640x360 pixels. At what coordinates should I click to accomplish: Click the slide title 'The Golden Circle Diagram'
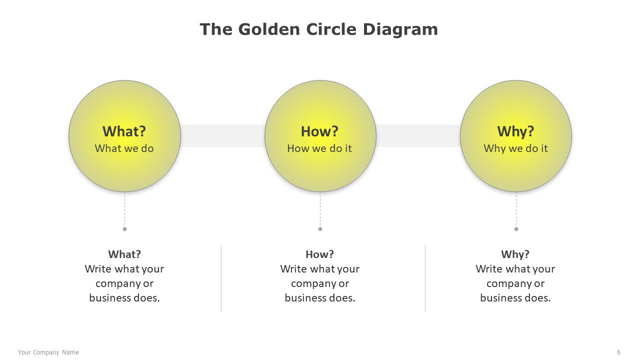pos(318,29)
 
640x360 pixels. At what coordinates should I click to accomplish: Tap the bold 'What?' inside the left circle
pos(124,131)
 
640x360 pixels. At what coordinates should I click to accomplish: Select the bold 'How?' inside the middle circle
pos(319,131)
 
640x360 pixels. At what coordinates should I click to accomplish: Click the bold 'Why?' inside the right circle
pos(515,131)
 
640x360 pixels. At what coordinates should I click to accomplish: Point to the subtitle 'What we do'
pos(124,148)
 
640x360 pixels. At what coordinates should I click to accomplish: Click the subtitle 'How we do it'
pos(319,148)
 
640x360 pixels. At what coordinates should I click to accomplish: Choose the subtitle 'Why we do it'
pos(515,148)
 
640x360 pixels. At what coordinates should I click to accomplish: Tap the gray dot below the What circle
pos(124,229)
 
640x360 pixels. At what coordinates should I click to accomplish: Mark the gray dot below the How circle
pos(320,229)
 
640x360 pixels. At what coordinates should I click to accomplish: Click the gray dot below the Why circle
pos(516,229)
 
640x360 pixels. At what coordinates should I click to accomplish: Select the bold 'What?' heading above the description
pos(124,254)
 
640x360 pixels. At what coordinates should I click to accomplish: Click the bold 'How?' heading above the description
pos(319,254)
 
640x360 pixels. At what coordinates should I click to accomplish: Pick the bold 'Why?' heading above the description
pos(515,254)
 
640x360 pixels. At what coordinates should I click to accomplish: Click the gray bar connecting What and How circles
pos(222,135)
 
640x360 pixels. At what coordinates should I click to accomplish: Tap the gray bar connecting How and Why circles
pos(418,135)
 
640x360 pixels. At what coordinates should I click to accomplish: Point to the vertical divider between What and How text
pos(221,278)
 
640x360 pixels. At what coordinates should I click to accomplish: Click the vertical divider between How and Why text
pos(425,278)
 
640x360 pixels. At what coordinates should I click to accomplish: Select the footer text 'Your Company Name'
pos(48,352)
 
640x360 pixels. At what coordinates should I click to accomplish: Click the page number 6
pos(618,352)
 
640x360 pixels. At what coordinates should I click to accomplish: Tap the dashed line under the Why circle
pos(516,209)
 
